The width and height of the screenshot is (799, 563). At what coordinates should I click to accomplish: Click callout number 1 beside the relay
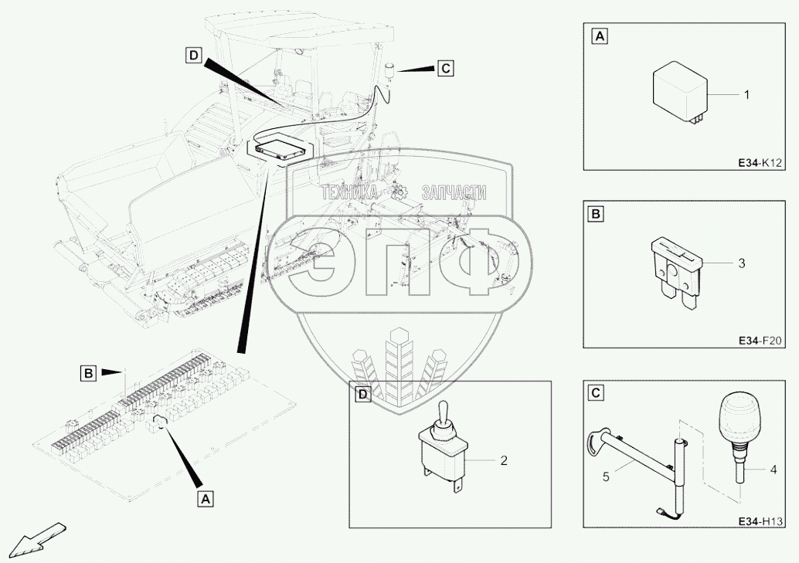click(746, 95)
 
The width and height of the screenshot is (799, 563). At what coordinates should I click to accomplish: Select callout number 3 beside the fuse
click(741, 264)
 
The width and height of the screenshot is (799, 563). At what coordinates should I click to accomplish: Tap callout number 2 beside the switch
click(503, 461)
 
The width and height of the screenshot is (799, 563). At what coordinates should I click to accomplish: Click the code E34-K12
click(761, 164)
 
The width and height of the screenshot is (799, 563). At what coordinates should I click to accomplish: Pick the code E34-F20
click(761, 340)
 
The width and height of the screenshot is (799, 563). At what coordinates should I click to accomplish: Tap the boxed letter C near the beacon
click(444, 68)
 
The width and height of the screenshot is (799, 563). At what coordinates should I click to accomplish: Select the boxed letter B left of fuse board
click(89, 374)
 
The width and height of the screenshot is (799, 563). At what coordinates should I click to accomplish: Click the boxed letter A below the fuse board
click(205, 500)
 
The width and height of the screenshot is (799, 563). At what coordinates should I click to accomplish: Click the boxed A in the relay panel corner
click(599, 36)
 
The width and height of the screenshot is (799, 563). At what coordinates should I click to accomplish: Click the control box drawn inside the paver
click(276, 148)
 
